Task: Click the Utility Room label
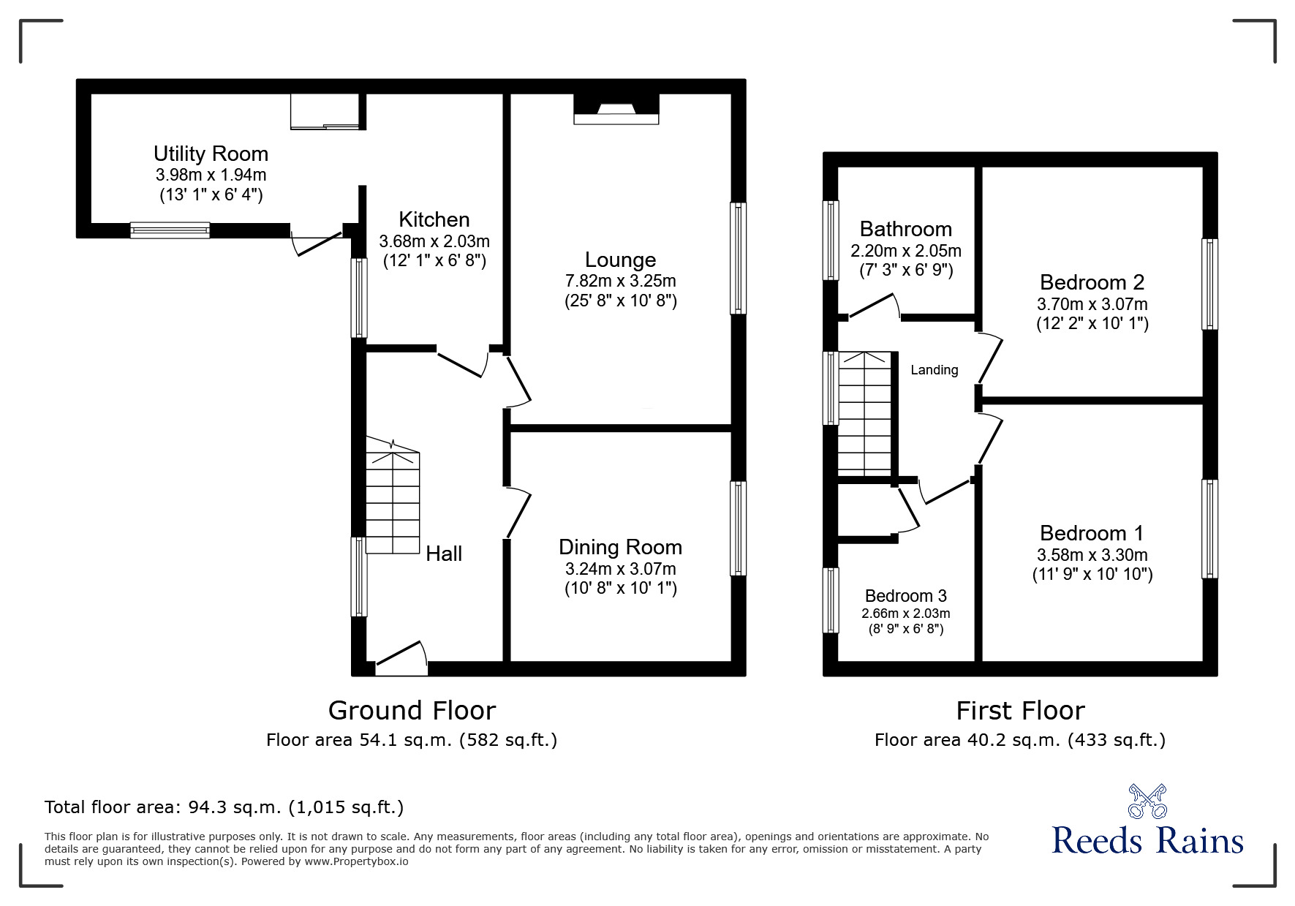coord(211,154)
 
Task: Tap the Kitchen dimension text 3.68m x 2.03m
coord(434,241)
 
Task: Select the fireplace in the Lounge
coord(616,110)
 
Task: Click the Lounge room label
coord(620,260)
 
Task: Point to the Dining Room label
coord(620,547)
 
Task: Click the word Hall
coord(444,554)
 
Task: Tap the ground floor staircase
coord(393,497)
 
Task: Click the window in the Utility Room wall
coord(170,230)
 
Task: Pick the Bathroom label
coord(905,229)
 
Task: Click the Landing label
coord(934,370)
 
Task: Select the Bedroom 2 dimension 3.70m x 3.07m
coord(1092,303)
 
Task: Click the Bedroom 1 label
coord(1092,533)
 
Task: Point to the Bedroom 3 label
coord(905,596)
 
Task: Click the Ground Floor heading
coord(412,710)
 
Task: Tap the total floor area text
coord(224,807)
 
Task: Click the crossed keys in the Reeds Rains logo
coord(1147,801)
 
